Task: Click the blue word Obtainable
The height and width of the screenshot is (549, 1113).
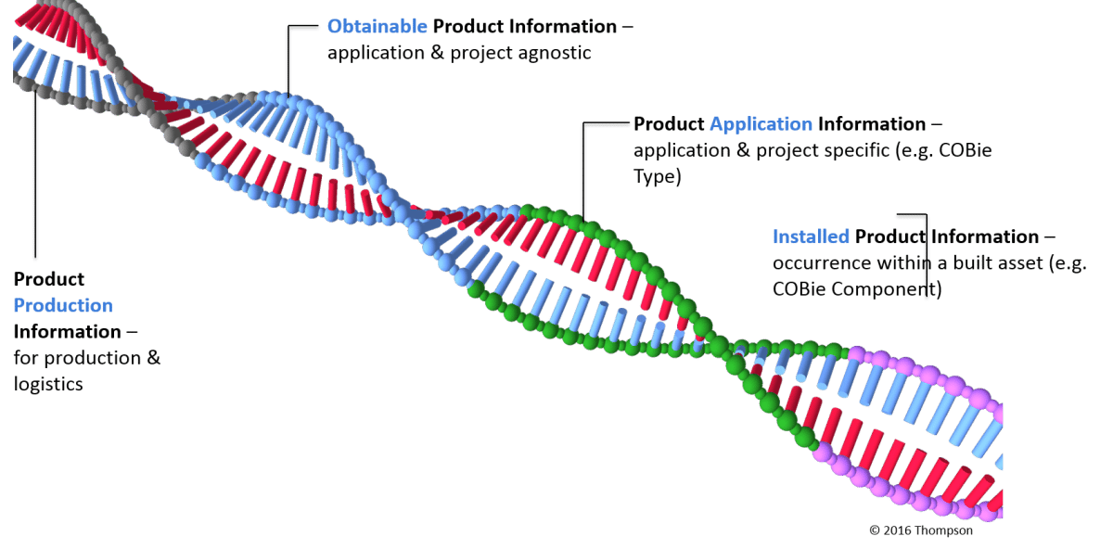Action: tap(377, 26)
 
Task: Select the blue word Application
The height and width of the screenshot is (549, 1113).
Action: tap(761, 124)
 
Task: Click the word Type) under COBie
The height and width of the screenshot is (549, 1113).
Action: tap(657, 177)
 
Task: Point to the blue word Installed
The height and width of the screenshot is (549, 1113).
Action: tap(811, 236)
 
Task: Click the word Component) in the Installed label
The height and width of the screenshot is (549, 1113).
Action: tap(887, 289)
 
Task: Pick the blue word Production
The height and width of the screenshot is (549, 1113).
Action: tap(63, 305)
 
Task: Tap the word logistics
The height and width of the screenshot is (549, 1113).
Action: tap(48, 385)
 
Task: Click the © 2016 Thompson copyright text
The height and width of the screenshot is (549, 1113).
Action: tap(921, 530)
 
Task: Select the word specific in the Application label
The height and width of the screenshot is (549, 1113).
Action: tap(852, 151)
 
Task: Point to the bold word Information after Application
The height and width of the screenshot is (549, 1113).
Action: tap(872, 124)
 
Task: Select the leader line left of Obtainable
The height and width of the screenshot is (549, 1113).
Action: tap(288, 59)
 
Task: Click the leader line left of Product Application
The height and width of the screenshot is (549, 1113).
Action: tap(583, 172)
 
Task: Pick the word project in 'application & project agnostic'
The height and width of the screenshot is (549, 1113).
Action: tap(480, 54)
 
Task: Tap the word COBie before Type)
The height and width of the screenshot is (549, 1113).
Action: tap(965, 150)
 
